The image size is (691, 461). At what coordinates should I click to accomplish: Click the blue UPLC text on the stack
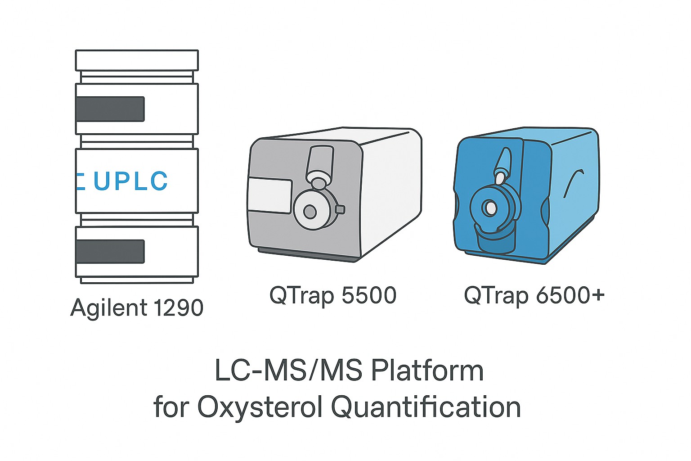pos(130,181)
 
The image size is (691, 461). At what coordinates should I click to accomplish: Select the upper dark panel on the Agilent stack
pos(110,109)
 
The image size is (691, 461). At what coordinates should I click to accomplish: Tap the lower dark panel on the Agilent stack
pos(110,252)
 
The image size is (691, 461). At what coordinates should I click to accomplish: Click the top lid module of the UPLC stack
pos(137,59)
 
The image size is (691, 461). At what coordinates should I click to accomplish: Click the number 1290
pos(178,308)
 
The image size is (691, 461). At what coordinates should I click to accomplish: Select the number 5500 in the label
pos(369,296)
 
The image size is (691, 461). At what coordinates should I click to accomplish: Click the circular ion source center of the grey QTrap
pos(310,211)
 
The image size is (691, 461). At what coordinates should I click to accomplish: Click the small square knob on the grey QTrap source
pos(340,209)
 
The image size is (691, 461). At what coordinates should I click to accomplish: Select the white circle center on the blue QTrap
pos(489,208)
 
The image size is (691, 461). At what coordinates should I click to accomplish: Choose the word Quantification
pos(426,407)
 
